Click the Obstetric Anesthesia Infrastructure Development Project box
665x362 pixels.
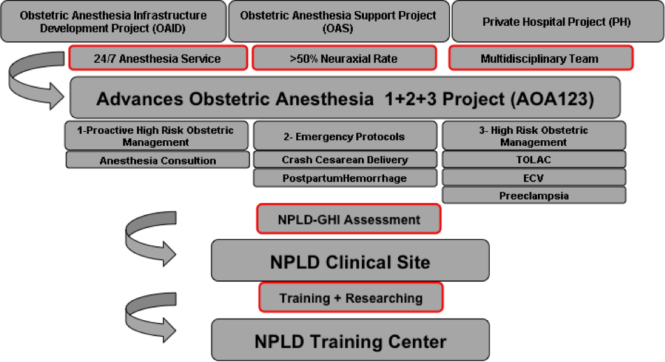pyautogui.click(x=113, y=21)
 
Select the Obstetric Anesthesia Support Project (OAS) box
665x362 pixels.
pyautogui.click(x=339, y=21)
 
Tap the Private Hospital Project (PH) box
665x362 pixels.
pyautogui.click(x=557, y=21)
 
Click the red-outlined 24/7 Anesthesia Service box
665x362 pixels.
pyautogui.click(x=158, y=58)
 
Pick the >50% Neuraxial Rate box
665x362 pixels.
pyautogui.click(x=344, y=58)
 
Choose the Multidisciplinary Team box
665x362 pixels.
pyautogui.click(x=541, y=58)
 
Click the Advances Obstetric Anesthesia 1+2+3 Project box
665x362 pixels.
pyautogui.click(x=345, y=98)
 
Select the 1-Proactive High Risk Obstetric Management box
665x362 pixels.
pyautogui.click(x=156, y=135)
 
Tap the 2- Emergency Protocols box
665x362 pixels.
pyautogui.click(x=345, y=135)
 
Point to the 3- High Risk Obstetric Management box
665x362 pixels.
pyautogui.click(x=534, y=135)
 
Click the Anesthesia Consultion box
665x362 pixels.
pyautogui.click(x=157, y=160)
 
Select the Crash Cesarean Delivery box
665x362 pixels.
pyautogui.click(x=345, y=160)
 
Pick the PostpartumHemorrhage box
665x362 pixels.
pyautogui.click(x=345, y=178)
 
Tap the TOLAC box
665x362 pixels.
pyautogui.click(x=534, y=160)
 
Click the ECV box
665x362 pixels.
pyautogui.click(x=534, y=178)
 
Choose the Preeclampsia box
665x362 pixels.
pyautogui.click(x=534, y=195)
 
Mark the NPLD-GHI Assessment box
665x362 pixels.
pyautogui.click(x=349, y=219)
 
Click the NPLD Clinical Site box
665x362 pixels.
pyautogui.click(x=351, y=260)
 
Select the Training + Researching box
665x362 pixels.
pyautogui.click(x=351, y=297)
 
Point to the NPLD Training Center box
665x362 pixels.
pyautogui.click(x=351, y=340)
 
